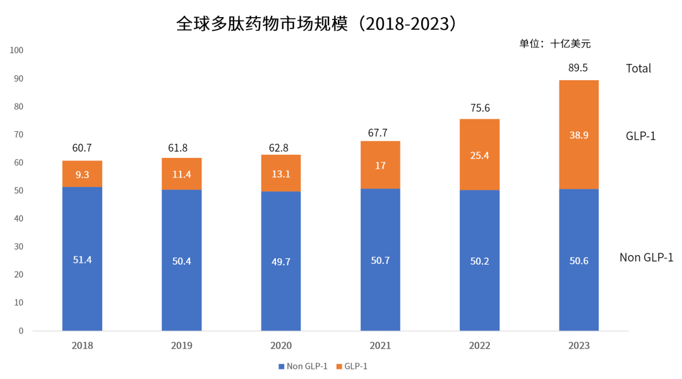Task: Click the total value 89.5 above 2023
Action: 578,68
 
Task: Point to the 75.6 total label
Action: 480,107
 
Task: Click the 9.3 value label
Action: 82,174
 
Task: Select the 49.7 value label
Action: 281,262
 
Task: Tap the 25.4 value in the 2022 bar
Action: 480,155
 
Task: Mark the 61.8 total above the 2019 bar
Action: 182,149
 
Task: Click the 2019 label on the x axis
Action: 182,346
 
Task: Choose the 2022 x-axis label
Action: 480,346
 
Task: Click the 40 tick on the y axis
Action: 18,219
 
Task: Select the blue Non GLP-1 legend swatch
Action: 281,366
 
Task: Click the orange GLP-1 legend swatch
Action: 339,366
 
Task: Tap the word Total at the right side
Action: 638,68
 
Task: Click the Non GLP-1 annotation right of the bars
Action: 646,257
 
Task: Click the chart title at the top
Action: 316,24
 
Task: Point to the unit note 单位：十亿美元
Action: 554,44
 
